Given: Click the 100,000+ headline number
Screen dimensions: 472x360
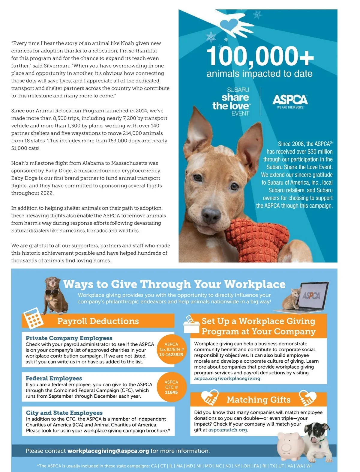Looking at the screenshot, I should pos(260,56).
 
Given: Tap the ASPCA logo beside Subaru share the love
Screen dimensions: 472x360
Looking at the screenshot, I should pos(290,100).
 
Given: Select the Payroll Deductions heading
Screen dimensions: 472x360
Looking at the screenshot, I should pos(98,321).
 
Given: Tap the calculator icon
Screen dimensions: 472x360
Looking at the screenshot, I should pos(33,319).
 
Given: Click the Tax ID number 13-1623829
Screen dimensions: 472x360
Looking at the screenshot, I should pos(171,355).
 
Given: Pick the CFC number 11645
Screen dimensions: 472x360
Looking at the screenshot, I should pos(171,392).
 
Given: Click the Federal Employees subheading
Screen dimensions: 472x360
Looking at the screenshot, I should pos(54,378).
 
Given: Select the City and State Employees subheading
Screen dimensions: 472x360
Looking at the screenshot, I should pos(64,413).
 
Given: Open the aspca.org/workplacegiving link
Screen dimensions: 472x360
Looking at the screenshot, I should pos(227,378).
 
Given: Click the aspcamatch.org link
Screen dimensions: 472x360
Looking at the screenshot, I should pos(228,430).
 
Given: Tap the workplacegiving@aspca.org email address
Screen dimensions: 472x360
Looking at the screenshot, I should pos(108,451).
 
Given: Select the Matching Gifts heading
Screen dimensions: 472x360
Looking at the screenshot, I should pos(258,399).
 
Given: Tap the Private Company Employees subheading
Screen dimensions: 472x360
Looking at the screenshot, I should pos(69,338).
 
